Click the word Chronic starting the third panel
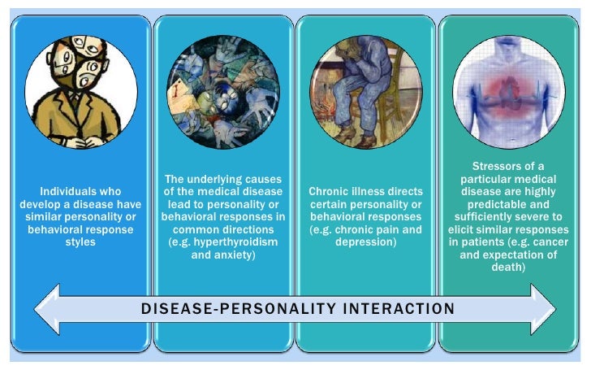(x=328, y=192)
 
